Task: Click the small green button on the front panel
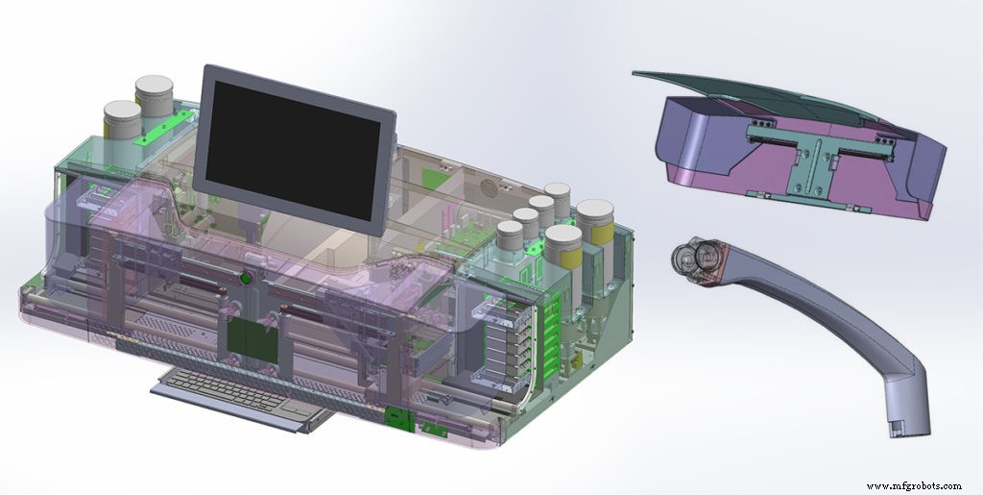click(x=246, y=280)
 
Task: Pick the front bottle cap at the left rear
click(x=122, y=114)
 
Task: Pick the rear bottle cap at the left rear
click(x=154, y=89)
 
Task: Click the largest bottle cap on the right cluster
click(x=595, y=210)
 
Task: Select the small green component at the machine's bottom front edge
click(x=394, y=415)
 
